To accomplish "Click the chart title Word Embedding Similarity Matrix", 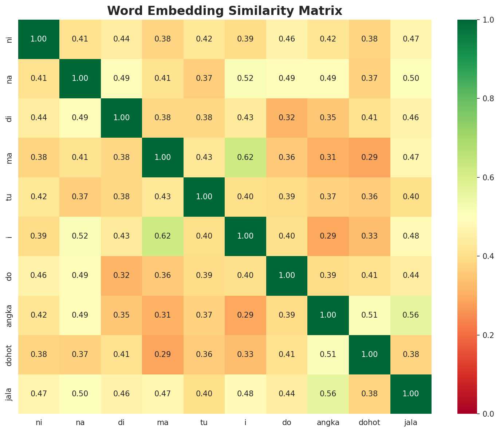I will coord(225,11).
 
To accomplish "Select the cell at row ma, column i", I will coord(245,157).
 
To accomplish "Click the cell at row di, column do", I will coord(287,118).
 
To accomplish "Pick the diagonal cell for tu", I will coord(204,197).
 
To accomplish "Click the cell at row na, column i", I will coord(245,78).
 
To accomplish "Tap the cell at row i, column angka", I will coord(328,236).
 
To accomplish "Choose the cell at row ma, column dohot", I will coord(370,157).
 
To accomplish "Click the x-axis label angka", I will coord(328,423).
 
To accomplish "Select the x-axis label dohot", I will coord(370,423).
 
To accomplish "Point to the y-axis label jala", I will coord(9,394).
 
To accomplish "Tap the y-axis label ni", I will coord(9,39).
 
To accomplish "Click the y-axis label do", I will coord(9,275).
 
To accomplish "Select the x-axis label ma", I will coord(162,423).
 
